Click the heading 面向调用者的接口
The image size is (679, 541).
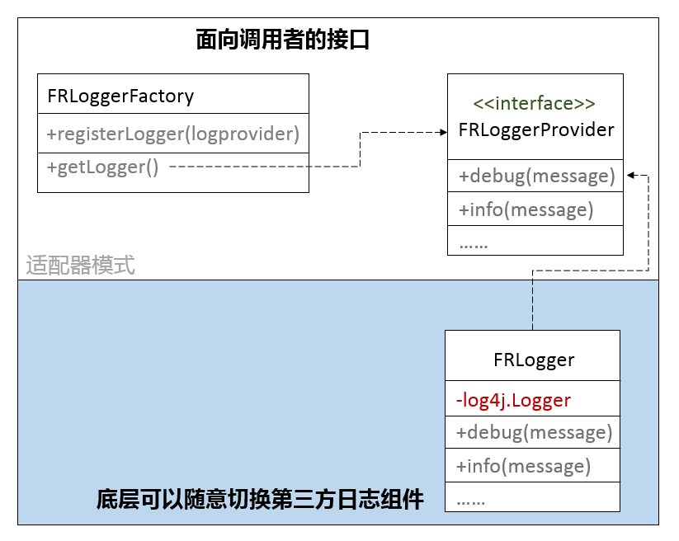pos(282,40)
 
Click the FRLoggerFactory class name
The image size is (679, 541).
pos(120,96)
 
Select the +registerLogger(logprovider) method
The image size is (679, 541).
pos(172,134)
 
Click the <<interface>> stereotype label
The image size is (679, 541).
pos(534,104)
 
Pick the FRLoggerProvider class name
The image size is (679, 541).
pos(535,130)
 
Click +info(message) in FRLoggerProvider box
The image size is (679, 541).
pos(526,209)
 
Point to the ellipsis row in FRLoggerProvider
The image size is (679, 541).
pos(474,242)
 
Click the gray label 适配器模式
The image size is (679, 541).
pos(80,266)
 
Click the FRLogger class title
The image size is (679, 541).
pos(533,360)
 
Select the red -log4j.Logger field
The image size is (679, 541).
pos(513,401)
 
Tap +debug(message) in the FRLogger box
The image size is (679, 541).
pos(533,432)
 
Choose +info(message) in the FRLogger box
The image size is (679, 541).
pos(523,466)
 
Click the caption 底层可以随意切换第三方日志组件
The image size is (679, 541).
pos(260,500)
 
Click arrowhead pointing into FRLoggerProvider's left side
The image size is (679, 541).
pos(442,132)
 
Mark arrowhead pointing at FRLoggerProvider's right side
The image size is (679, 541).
pos(629,175)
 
